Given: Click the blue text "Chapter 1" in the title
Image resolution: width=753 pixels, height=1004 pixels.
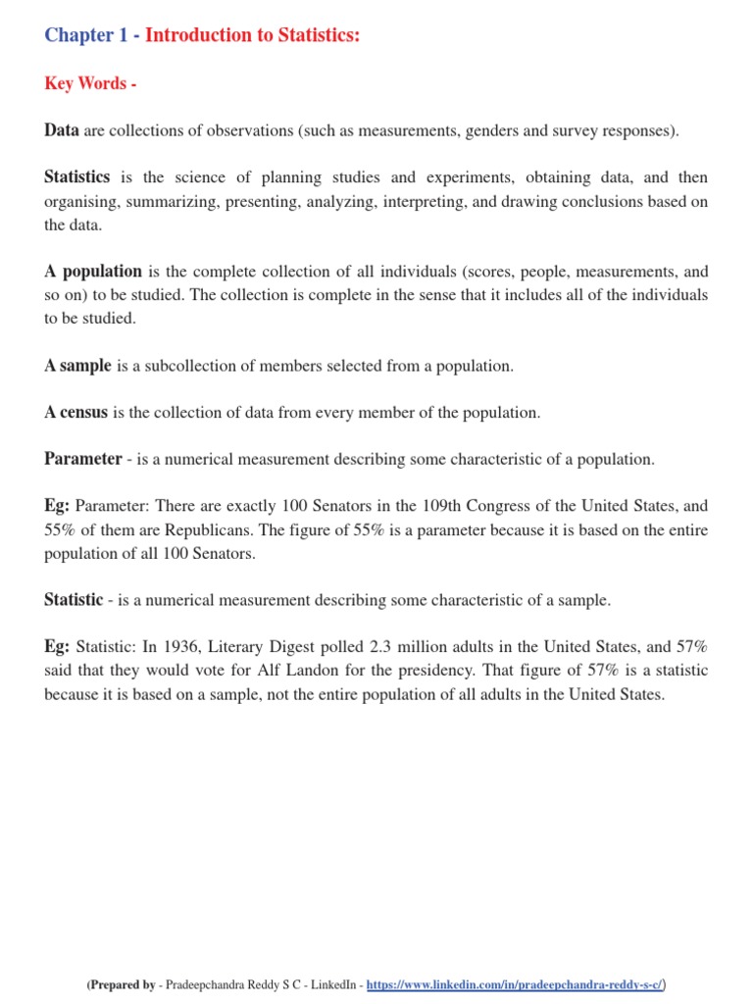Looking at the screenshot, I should click(x=86, y=35).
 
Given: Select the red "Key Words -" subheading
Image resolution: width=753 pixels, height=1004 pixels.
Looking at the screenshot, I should click(x=89, y=83).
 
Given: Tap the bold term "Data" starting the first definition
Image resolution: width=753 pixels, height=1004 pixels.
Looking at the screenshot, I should click(x=62, y=130).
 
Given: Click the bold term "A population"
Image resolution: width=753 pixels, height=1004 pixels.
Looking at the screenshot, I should click(x=93, y=272).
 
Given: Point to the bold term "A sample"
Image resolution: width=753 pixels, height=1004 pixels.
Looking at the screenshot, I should click(x=78, y=366).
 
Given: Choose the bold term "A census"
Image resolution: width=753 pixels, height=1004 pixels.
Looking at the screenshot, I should click(x=76, y=413).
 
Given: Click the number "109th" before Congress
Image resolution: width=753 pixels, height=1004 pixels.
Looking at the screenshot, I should click(x=407, y=507).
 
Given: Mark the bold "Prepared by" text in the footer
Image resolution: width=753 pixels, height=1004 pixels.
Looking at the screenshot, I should click(x=123, y=984).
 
